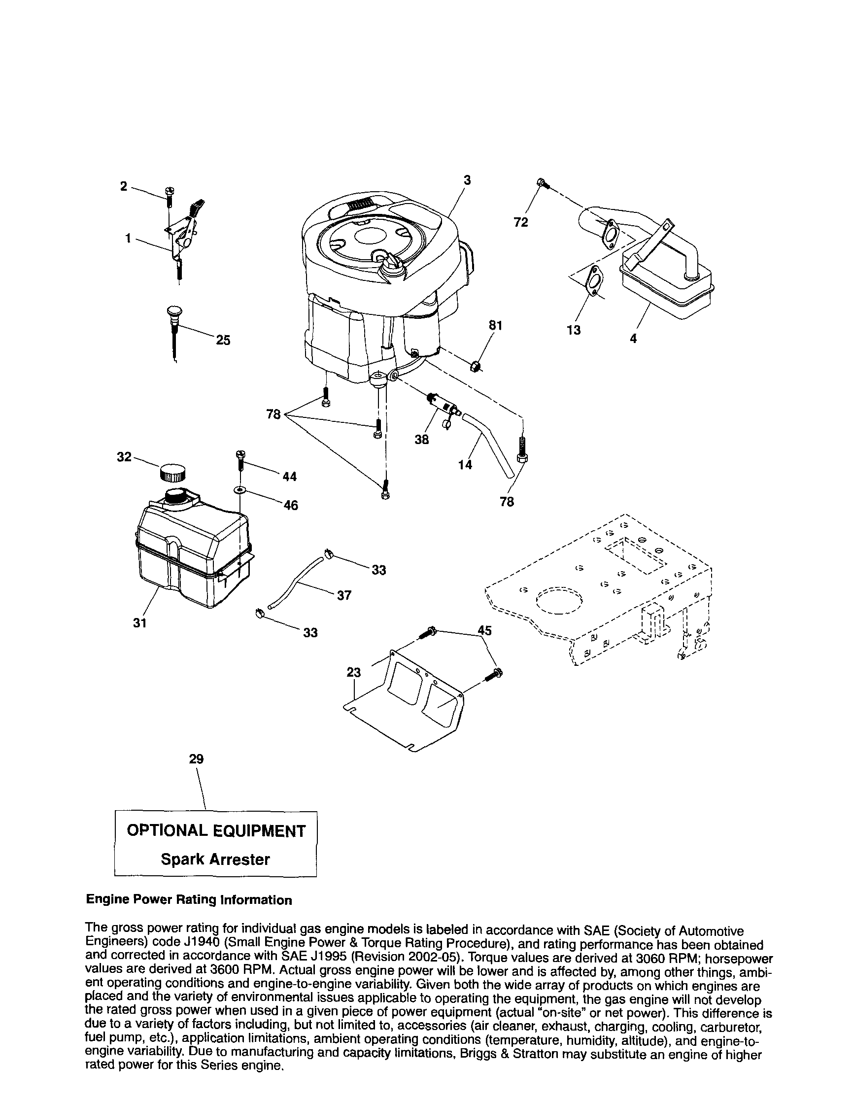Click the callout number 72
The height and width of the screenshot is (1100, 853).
point(521,222)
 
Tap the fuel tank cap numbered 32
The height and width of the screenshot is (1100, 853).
point(172,473)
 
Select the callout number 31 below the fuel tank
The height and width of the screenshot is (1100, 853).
point(140,623)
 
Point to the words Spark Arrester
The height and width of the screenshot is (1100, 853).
point(215,859)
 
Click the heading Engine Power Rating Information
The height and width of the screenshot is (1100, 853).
point(189,900)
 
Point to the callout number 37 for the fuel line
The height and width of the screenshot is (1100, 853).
point(344,596)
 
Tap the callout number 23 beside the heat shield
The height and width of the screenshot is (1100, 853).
point(354,672)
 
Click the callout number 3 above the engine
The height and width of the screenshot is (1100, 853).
point(467,180)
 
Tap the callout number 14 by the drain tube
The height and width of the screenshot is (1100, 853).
point(465,465)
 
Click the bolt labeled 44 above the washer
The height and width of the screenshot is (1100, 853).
point(239,459)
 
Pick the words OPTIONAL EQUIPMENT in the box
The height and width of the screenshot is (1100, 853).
point(216,831)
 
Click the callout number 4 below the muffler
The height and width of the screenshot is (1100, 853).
point(633,339)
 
